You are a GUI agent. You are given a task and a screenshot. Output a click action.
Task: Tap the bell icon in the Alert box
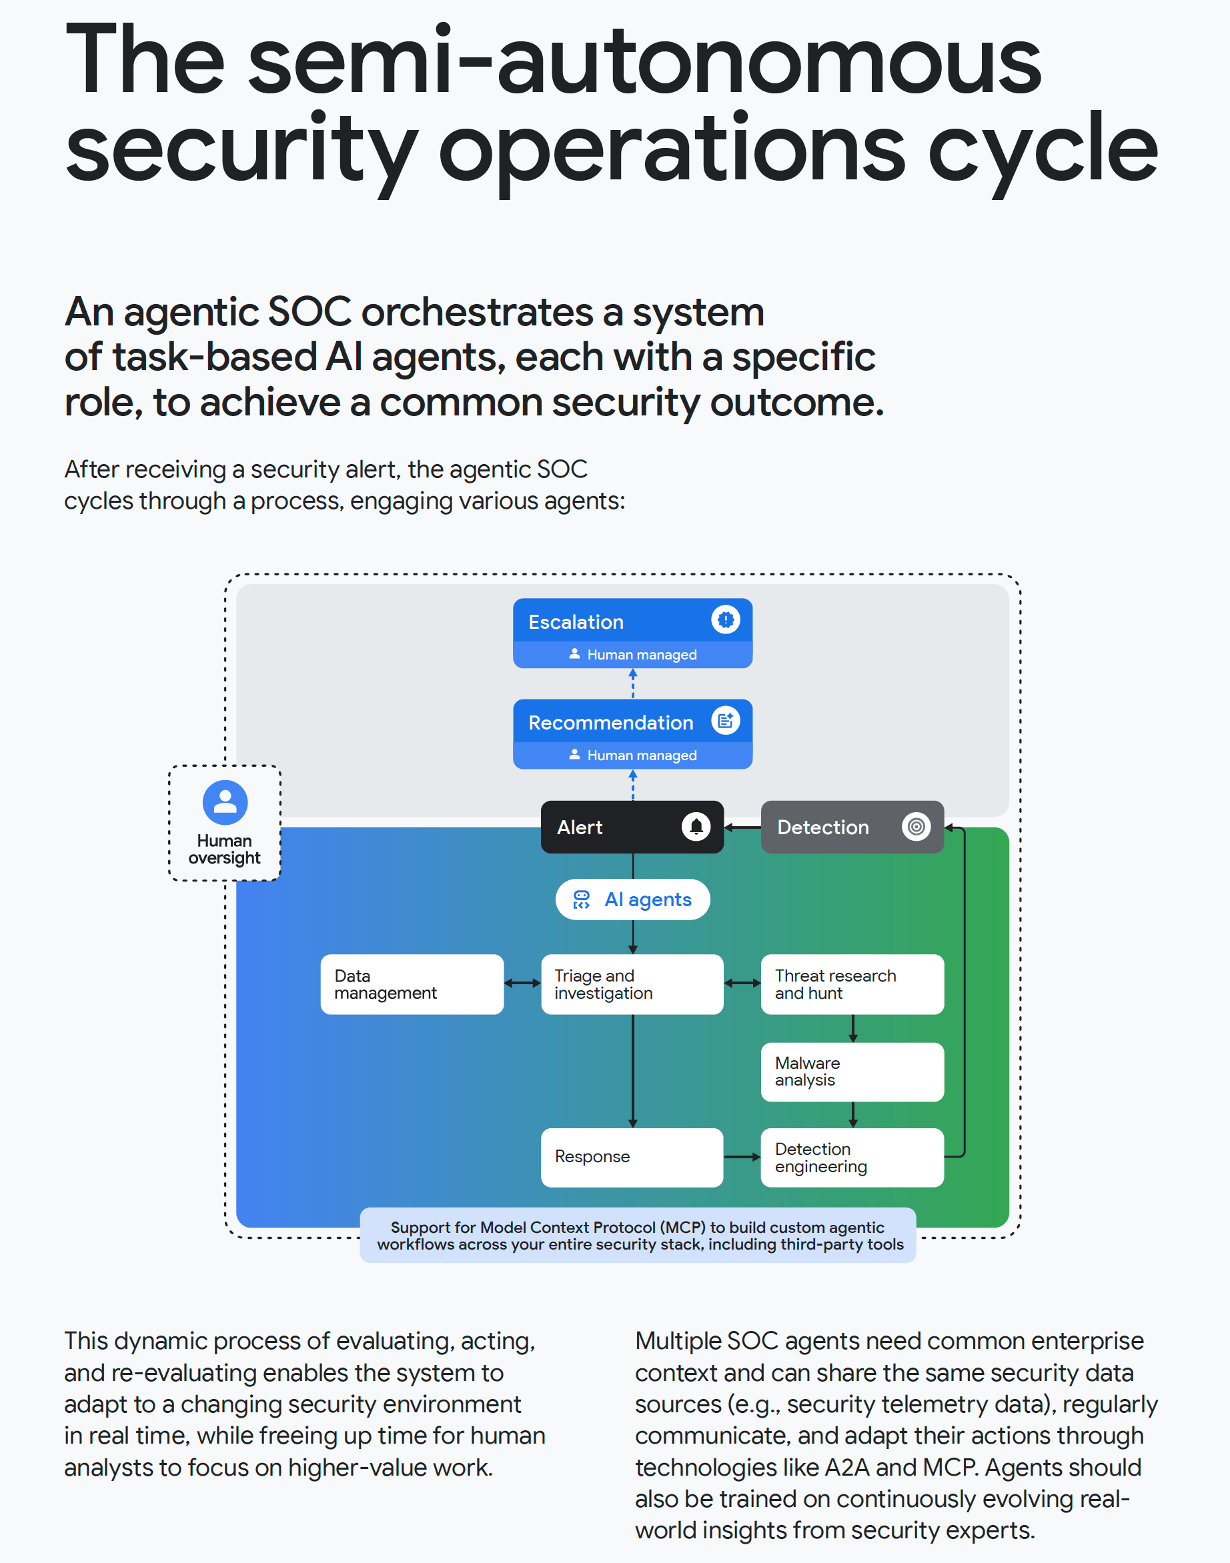(696, 826)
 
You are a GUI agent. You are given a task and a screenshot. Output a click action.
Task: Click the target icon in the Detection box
(915, 826)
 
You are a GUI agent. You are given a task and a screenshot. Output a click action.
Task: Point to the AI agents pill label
(632, 900)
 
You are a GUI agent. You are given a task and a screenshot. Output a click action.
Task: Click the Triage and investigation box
(632, 984)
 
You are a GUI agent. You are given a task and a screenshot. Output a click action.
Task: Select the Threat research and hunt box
(852, 984)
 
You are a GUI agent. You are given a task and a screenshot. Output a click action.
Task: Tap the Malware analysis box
(852, 1072)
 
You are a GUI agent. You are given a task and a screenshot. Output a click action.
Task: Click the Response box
(632, 1157)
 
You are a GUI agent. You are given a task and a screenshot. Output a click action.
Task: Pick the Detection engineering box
(852, 1157)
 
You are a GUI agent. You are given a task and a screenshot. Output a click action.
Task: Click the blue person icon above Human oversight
(225, 802)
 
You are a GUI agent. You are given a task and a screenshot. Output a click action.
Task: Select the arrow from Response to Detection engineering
(742, 1157)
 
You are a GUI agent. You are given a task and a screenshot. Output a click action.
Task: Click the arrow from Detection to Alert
(742, 828)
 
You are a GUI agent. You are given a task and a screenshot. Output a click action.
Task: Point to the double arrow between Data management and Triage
(522, 984)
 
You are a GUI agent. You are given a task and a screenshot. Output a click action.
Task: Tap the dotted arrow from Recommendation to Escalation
(633, 683)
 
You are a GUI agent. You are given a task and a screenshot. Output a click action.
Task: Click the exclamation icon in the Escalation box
(725, 619)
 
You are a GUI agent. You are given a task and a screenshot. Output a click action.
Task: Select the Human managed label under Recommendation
(634, 755)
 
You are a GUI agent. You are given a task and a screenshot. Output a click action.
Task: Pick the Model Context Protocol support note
(638, 1236)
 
